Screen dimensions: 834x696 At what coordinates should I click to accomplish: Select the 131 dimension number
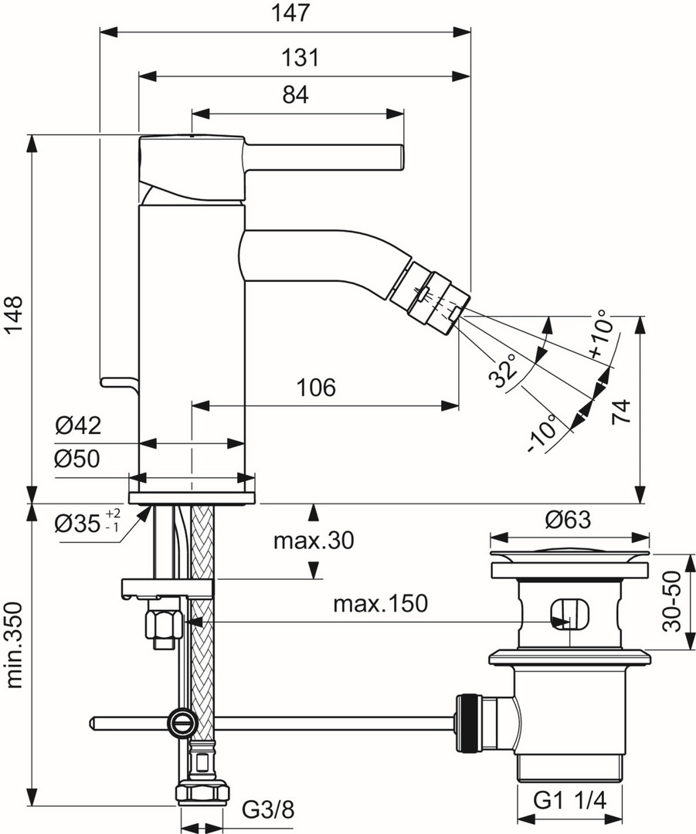coord(300,56)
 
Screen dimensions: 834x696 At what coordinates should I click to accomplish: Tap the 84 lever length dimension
coord(295,95)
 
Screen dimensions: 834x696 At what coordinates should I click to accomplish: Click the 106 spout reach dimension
coord(317,387)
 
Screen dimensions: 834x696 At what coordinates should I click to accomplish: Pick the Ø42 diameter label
coord(78,425)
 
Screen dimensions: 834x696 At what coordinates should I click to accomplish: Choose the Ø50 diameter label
coord(78,459)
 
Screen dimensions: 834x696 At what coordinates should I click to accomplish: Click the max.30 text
coord(313,541)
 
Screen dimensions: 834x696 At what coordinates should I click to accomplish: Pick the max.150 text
coord(379,603)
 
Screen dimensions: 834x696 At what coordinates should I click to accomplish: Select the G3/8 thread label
coord(268,810)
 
